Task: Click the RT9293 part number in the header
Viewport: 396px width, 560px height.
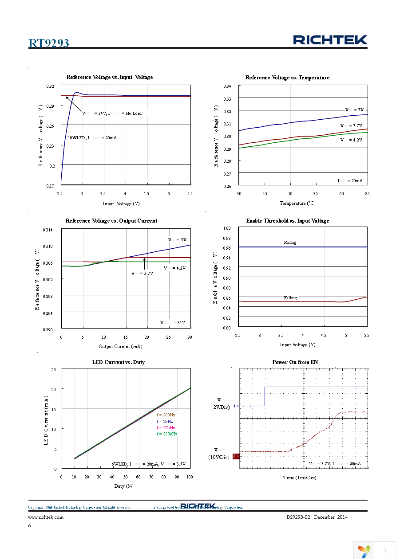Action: click(48, 43)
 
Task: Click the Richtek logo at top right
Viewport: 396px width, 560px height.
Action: click(330, 40)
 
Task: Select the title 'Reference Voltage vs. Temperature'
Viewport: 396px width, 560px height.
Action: click(287, 78)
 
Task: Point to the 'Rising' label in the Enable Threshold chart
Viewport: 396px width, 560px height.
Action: click(290, 243)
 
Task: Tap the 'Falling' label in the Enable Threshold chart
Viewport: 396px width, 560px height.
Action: click(290, 298)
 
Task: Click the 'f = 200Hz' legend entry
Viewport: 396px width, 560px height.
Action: click(166, 415)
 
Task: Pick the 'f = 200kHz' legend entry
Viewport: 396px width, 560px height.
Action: click(166, 434)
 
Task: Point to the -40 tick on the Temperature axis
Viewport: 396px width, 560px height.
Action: click(238, 193)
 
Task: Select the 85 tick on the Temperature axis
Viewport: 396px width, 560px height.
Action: click(367, 193)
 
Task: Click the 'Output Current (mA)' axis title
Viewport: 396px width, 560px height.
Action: click(120, 346)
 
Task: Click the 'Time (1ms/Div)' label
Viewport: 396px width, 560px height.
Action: click(300, 478)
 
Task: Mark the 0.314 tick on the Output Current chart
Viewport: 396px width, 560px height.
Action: click(47, 230)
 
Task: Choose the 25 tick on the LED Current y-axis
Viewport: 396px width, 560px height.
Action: click(54, 369)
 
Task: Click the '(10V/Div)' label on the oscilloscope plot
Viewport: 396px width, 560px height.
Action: click(219, 457)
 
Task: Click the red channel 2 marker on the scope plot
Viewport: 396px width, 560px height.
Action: click(236, 456)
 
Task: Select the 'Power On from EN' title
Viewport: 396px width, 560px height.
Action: click(295, 362)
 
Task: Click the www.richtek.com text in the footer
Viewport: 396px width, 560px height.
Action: click(46, 517)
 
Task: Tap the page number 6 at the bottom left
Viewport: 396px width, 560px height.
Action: click(29, 525)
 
